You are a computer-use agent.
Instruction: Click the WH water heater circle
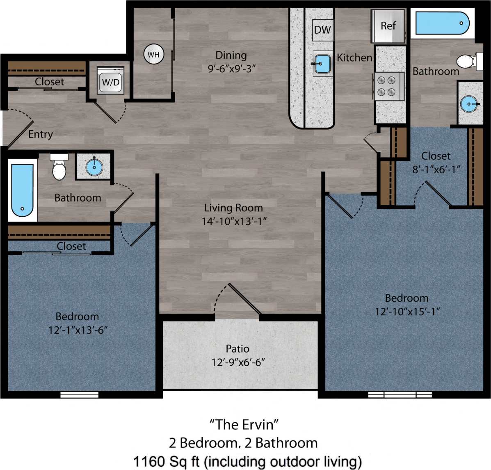click(153, 54)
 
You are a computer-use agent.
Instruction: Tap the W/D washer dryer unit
click(110, 81)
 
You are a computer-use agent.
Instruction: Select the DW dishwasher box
click(322, 30)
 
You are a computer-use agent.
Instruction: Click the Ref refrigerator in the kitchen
click(388, 26)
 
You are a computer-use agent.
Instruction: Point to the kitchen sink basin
click(323, 64)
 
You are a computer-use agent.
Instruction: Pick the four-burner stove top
click(386, 86)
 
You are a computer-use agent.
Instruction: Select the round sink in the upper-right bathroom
click(469, 104)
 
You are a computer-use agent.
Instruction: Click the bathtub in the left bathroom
click(22, 190)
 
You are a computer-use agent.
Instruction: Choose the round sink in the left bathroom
click(94, 167)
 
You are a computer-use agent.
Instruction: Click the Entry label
click(40, 134)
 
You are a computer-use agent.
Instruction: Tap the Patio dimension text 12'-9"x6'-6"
click(238, 362)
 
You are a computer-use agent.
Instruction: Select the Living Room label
click(233, 208)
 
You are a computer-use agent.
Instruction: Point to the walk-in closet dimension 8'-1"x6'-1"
click(436, 169)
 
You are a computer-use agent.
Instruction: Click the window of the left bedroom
click(79, 395)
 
